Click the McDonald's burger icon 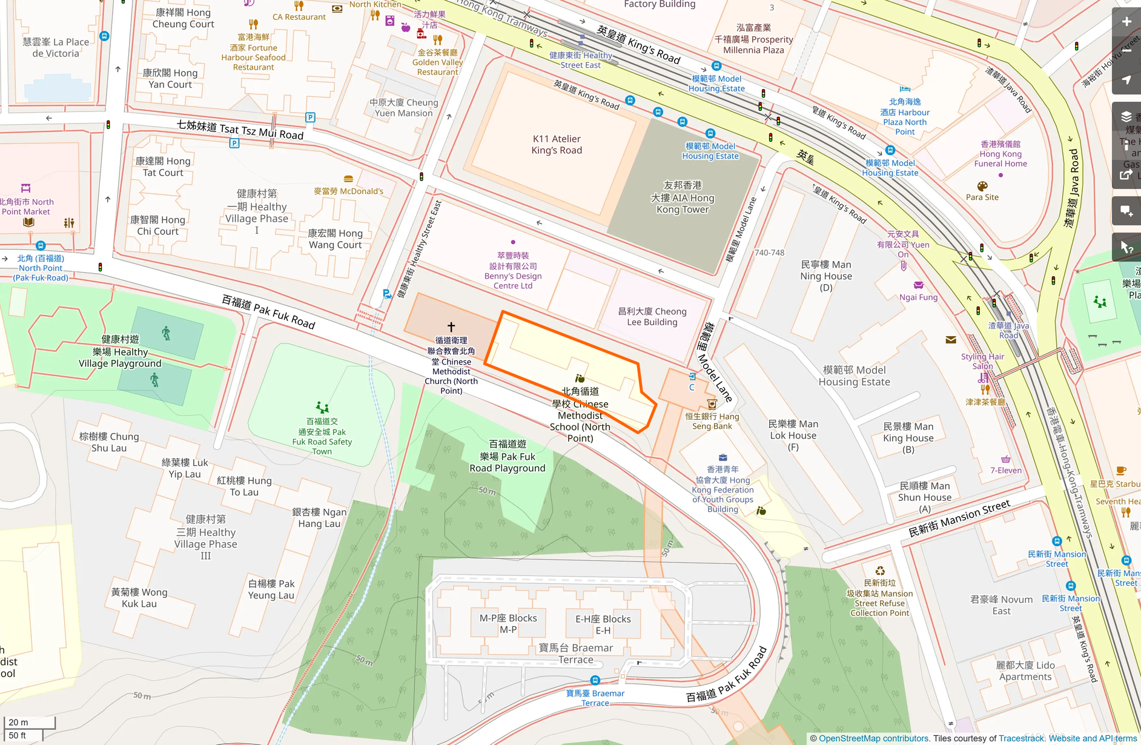coord(348,179)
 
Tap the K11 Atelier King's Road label coord(557,145)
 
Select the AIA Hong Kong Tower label coord(683,197)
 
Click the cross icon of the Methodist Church coord(451,326)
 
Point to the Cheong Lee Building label coord(652,316)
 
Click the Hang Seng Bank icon coord(712,404)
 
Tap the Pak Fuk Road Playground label coord(508,456)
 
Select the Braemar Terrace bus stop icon coord(595,680)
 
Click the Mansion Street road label coord(959,518)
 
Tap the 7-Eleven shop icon coord(1006,459)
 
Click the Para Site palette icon coord(982,186)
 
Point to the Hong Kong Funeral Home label coord(1000,154)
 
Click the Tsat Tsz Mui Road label coord(240,130)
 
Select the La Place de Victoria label coord(56,47)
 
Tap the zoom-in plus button coord(1126,22)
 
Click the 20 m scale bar coord(29,723)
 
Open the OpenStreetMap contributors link coord(873,738)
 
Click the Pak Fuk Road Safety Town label coord(322,436)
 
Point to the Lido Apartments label coord(1025,670)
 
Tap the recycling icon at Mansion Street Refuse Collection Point coord(880,571)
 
